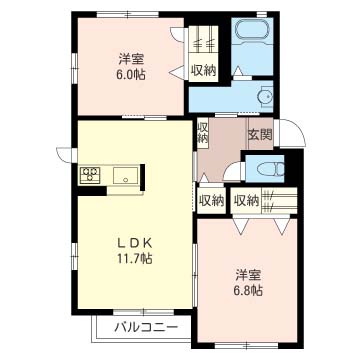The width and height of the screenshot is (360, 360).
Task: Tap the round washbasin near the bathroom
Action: click(x=264, y=96)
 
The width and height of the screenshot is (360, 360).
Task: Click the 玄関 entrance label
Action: click(x=260, y=133)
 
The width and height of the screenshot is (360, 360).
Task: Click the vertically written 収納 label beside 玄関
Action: click(x=202, y=133)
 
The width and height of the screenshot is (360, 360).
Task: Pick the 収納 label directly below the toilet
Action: click(x=246, y=200)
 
